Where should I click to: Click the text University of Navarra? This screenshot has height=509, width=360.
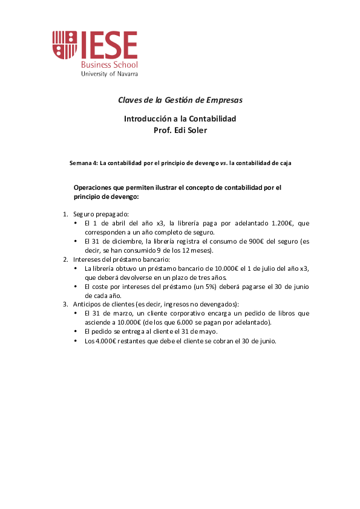(110, 73)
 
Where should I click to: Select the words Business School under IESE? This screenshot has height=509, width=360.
(110, 64)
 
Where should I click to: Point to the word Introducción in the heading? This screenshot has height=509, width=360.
(148, 118)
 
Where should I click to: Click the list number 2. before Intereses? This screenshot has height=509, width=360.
(66, 259)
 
